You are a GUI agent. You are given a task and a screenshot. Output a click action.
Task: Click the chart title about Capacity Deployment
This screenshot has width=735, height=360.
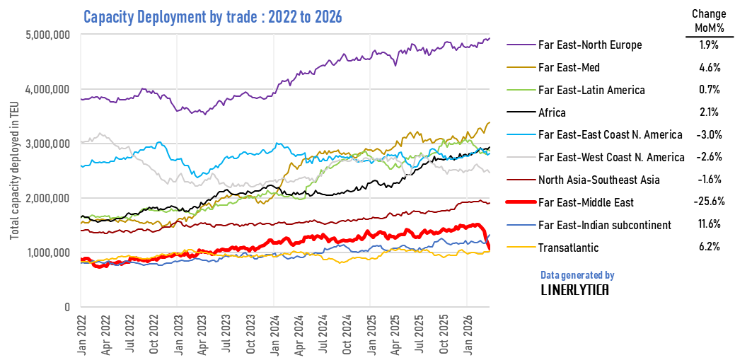[x=212, y=17]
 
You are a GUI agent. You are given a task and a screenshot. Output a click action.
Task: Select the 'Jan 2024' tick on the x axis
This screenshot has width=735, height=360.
[x=274, y=332]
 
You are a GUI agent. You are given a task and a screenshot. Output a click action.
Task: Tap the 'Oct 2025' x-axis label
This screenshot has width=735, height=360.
[x=444, y=332]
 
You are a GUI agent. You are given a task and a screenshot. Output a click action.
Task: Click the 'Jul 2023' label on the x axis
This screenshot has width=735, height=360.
[x=226, y=332]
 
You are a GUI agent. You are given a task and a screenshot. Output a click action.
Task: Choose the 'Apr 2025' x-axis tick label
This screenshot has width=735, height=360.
[x=395, y=332]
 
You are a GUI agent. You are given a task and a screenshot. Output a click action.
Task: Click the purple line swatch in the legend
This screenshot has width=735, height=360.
[x=521, y=44]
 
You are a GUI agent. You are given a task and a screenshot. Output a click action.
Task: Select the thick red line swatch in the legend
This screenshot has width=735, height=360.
[x=521, y=202]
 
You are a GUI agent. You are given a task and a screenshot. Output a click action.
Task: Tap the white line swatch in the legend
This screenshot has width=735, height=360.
[x=521, y=156]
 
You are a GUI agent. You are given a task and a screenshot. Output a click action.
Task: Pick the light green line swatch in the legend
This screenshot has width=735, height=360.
[x=521, y=89]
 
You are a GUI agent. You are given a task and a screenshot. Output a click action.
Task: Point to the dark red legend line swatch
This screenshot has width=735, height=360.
[x=521, y=179]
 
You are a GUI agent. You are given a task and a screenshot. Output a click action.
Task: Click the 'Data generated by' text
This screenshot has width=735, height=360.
[x=577, y=275]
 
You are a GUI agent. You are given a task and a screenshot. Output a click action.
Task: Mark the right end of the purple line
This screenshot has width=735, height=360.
[x=488, y=39]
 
